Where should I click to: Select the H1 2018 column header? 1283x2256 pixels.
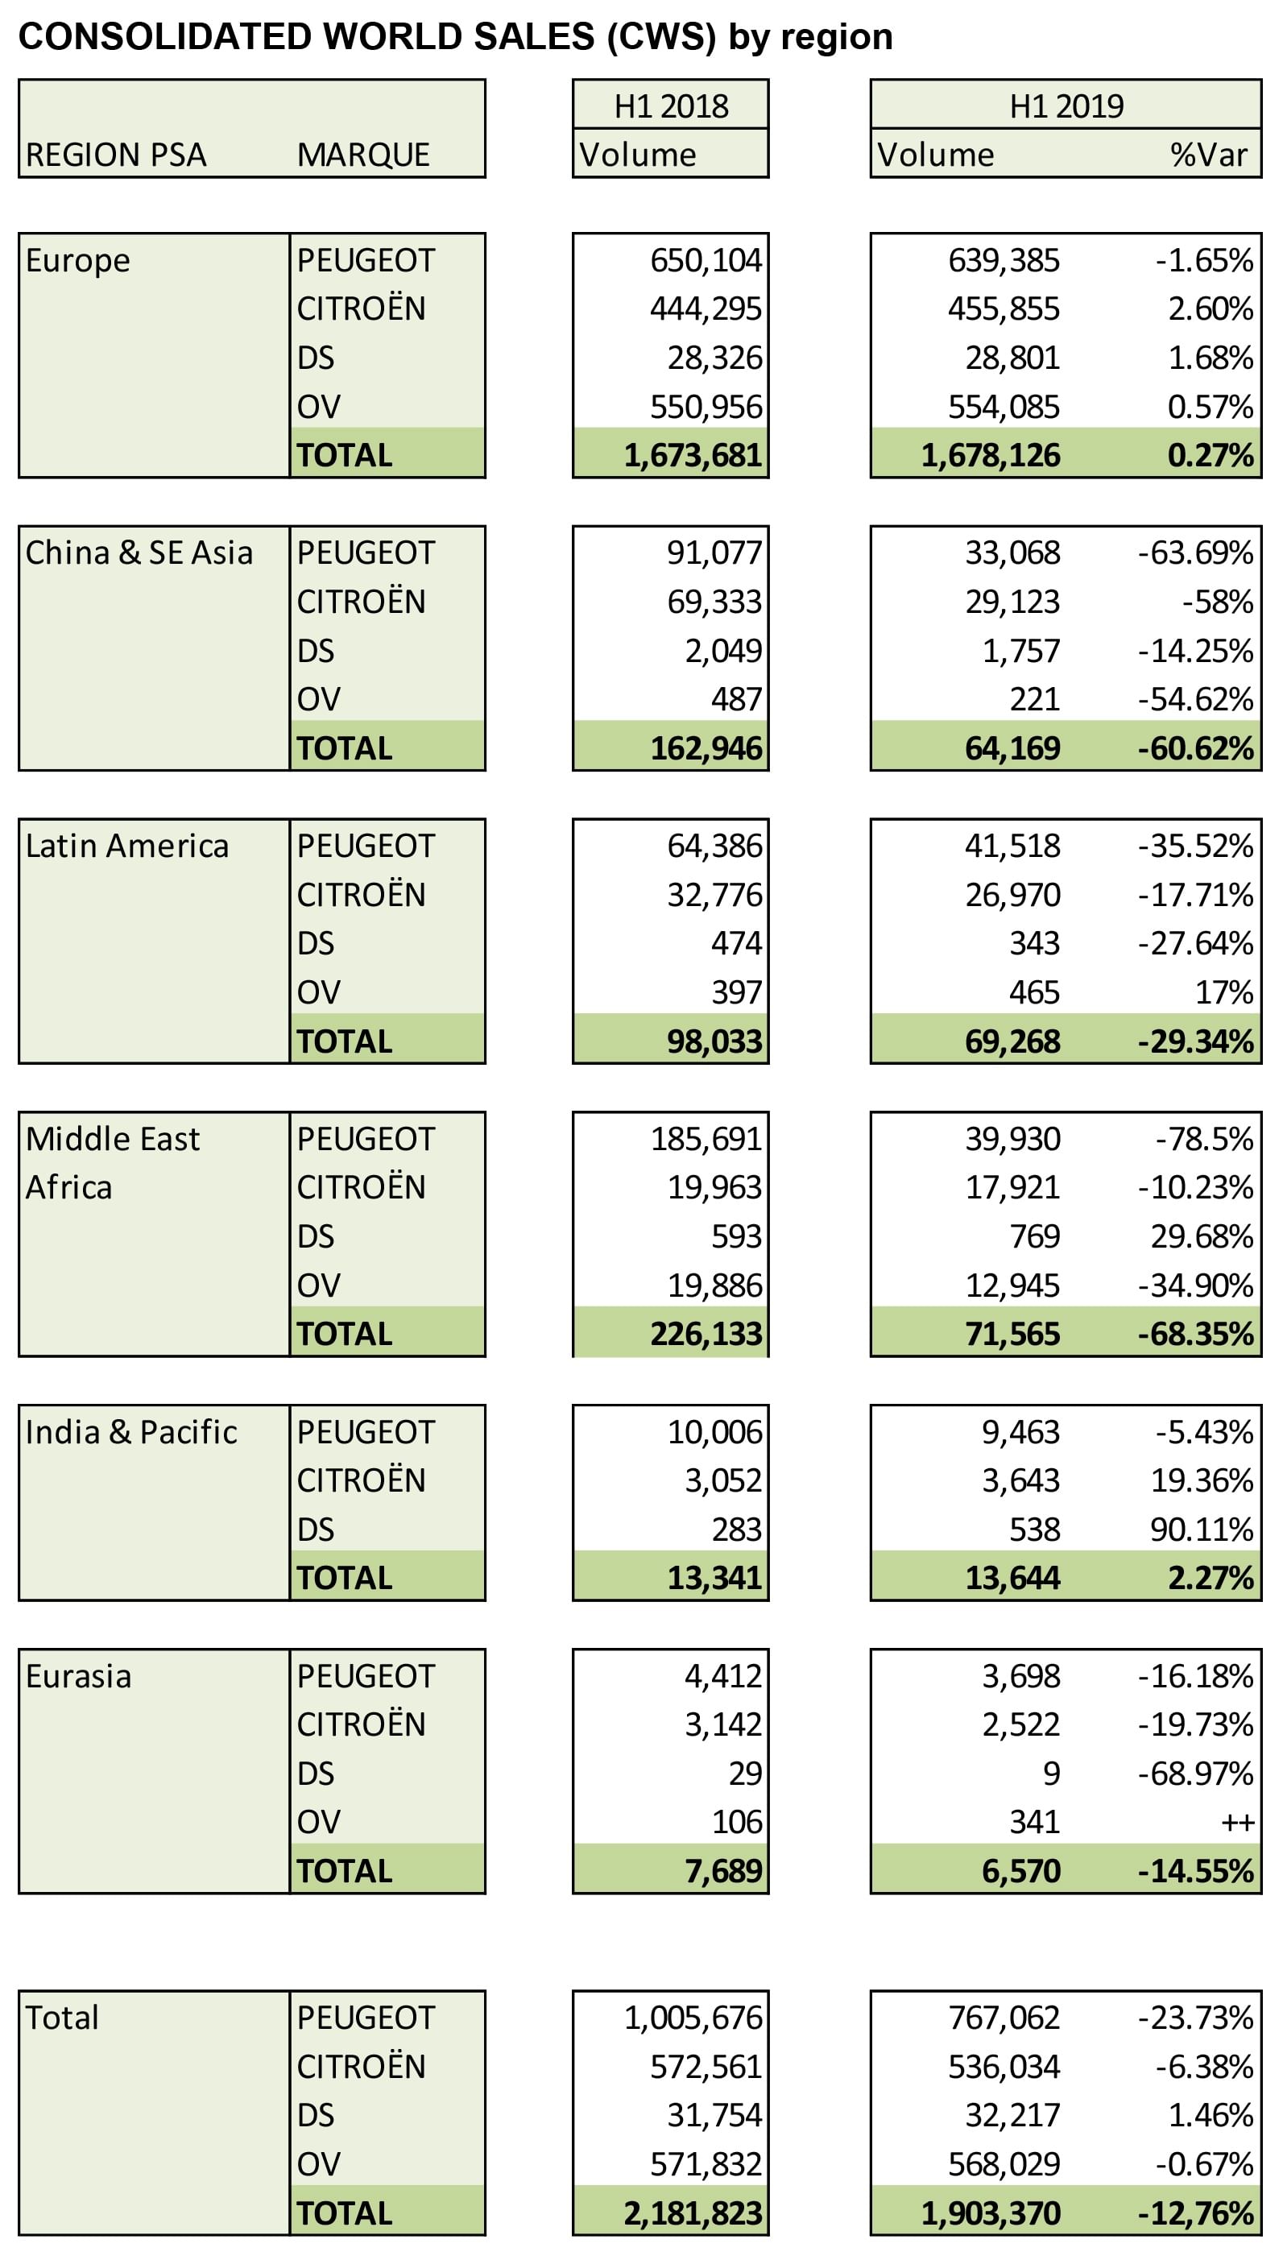671,106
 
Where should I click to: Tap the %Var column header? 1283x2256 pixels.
1208,155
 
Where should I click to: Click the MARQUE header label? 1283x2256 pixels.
363,155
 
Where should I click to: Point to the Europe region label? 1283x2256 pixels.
77,261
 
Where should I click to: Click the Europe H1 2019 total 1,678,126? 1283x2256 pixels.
991,456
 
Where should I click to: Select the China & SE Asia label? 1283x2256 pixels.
139,553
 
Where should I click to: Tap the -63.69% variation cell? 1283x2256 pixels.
1195,553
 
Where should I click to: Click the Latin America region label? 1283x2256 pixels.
127,846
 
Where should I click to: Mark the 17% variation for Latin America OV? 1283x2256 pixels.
1224,992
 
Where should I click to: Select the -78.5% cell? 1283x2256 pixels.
1204,1139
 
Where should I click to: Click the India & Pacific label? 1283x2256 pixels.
131,1432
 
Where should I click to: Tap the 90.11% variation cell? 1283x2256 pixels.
1201,1530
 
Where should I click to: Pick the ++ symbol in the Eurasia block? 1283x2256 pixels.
1237,1823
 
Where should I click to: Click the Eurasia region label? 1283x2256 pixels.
78,1675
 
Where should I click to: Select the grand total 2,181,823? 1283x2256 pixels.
693,2213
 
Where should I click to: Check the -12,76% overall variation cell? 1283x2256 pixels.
1195,2213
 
